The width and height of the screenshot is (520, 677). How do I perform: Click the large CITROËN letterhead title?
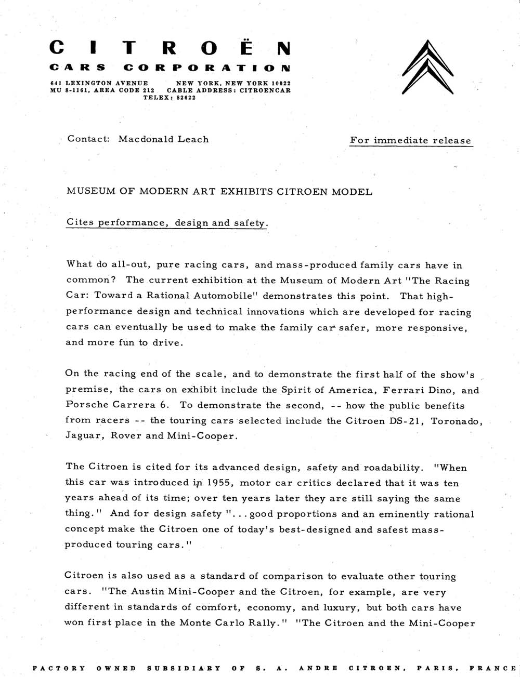click(170, 48)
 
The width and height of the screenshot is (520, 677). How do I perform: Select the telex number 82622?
click(184, 97)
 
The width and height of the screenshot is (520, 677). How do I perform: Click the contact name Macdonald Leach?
click(163, 139)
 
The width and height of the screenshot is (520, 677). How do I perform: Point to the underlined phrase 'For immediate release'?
click(410, 140)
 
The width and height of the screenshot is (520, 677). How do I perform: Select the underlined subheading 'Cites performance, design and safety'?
click(166, 223)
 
